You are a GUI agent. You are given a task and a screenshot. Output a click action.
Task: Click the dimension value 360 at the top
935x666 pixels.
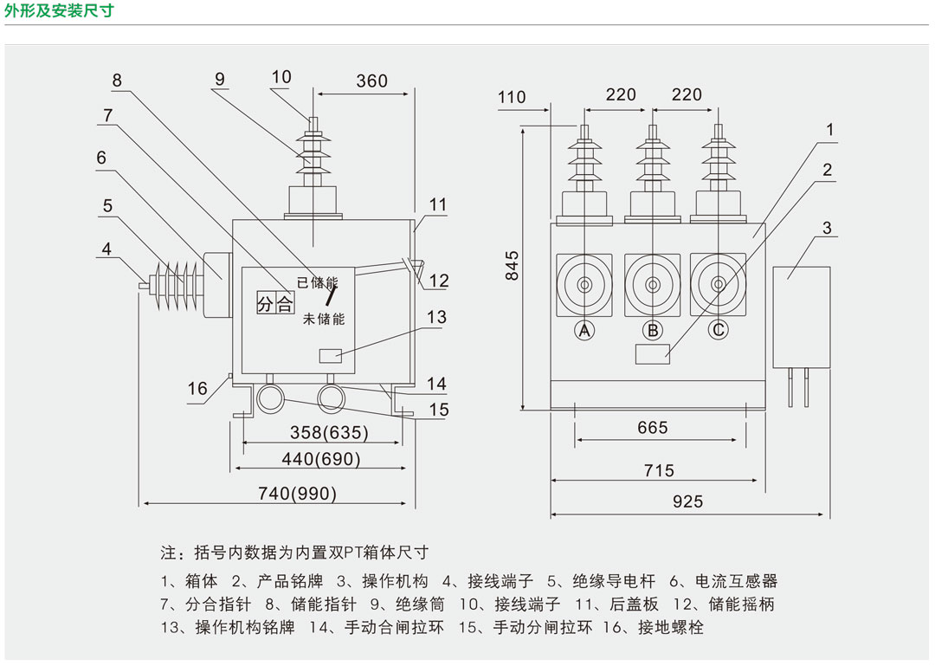click(x=371, y=81)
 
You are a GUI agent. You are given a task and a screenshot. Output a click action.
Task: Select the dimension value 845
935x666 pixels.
click(x=513, y=265)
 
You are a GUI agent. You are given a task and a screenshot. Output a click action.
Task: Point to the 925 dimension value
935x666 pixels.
click(x=688, y=501)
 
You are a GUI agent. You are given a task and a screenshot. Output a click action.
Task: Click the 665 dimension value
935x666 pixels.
click(x=652, y=428)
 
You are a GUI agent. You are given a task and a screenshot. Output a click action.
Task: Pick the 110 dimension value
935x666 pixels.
click(x=512, y=97)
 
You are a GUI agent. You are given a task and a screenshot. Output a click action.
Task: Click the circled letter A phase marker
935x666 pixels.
click(x=584, y=330)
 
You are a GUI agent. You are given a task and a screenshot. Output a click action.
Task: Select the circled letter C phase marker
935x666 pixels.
click(x=718, y=330)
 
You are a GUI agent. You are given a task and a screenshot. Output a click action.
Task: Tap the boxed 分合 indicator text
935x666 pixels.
click(x=275, y=303)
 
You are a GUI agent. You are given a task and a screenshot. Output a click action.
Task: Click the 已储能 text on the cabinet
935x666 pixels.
click(x=317, y=282)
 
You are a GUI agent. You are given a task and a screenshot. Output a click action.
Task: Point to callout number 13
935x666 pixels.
click(x=436, y=317)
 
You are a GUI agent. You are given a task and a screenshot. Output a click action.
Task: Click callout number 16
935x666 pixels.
click(x=197, y=388)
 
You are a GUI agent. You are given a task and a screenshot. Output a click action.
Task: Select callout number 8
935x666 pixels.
click(x=117, y=81)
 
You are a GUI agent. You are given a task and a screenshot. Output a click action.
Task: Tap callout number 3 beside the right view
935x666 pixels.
click(x=827, y=229)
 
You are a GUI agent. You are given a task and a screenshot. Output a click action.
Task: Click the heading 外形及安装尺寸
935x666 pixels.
click(x=59, y=12)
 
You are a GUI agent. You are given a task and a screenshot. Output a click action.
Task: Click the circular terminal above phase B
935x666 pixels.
click(x=651, y=285)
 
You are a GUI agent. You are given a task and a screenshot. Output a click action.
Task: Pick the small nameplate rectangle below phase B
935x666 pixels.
click(x=652, y=353)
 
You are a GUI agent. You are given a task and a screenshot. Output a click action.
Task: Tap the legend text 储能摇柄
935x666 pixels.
click(x=740, y=605)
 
